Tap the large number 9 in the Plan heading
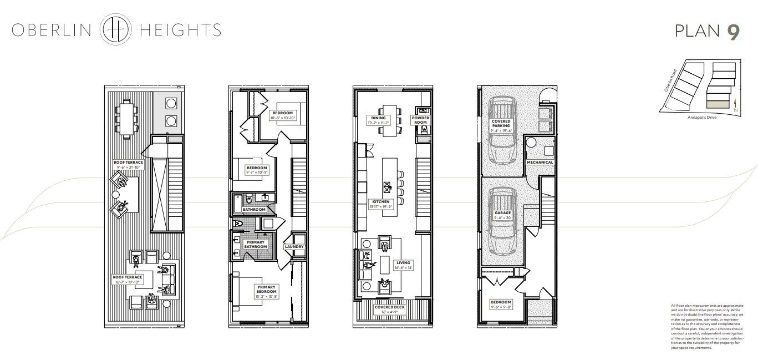[x=733, y=32]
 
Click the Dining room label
[x=378, y=120]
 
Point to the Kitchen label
[x=380, y=204]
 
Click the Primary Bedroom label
[x=266, y=289]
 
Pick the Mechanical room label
[x=540, y=162]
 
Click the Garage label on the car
[x=503, y=215]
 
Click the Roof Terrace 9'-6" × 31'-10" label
[x=128, y=164]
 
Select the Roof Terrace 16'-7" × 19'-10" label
[x=128, y=279]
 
